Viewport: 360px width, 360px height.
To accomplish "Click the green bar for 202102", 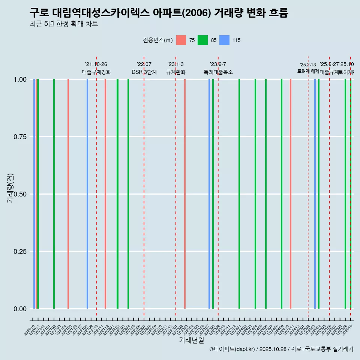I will pyautogui.click(x=54, y=194).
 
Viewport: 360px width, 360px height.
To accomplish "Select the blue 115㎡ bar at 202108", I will pyautogui.click(x=87, y=194).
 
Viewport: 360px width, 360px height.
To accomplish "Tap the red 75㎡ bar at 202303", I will pyautogui.click(x=185, y=194).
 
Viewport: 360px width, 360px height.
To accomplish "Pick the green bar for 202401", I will pyautogui.click(x=239, y=194).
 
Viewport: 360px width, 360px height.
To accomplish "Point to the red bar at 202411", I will pyautogui.click(x=291, y=194).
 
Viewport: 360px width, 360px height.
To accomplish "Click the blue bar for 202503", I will pyautogui.click(x=315, y=194).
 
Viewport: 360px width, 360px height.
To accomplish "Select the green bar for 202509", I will pyautogui.click(x=345, y=194).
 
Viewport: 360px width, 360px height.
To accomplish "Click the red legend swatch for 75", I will pyautogui.click(x=181, y=40).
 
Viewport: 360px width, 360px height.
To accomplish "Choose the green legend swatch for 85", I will pyautogui.click(x=202, y=40).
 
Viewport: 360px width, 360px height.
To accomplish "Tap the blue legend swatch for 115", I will pyautogui.click(x=224, y=40).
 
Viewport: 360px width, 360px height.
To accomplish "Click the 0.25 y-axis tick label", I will pyautogui.click(x=19, y=252).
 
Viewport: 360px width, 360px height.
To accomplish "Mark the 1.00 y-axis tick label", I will pyautogui.click(x=19, y=79).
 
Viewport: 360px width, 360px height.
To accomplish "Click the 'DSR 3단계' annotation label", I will pyautogui.click(x=144, y=72).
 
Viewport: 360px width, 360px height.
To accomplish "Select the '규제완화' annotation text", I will pyautogui.click(x=176, y=72).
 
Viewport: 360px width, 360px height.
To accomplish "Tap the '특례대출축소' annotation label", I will pyautogui.click(x=218, y=72).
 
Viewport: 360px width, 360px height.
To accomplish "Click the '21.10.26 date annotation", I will pyautogui.click(x=96, y=64).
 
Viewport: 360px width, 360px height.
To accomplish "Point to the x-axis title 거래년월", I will pyautogui.click(x=191, y=340).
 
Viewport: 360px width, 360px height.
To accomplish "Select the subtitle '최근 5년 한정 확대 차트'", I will pyautogui.click(x=64, y=24).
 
